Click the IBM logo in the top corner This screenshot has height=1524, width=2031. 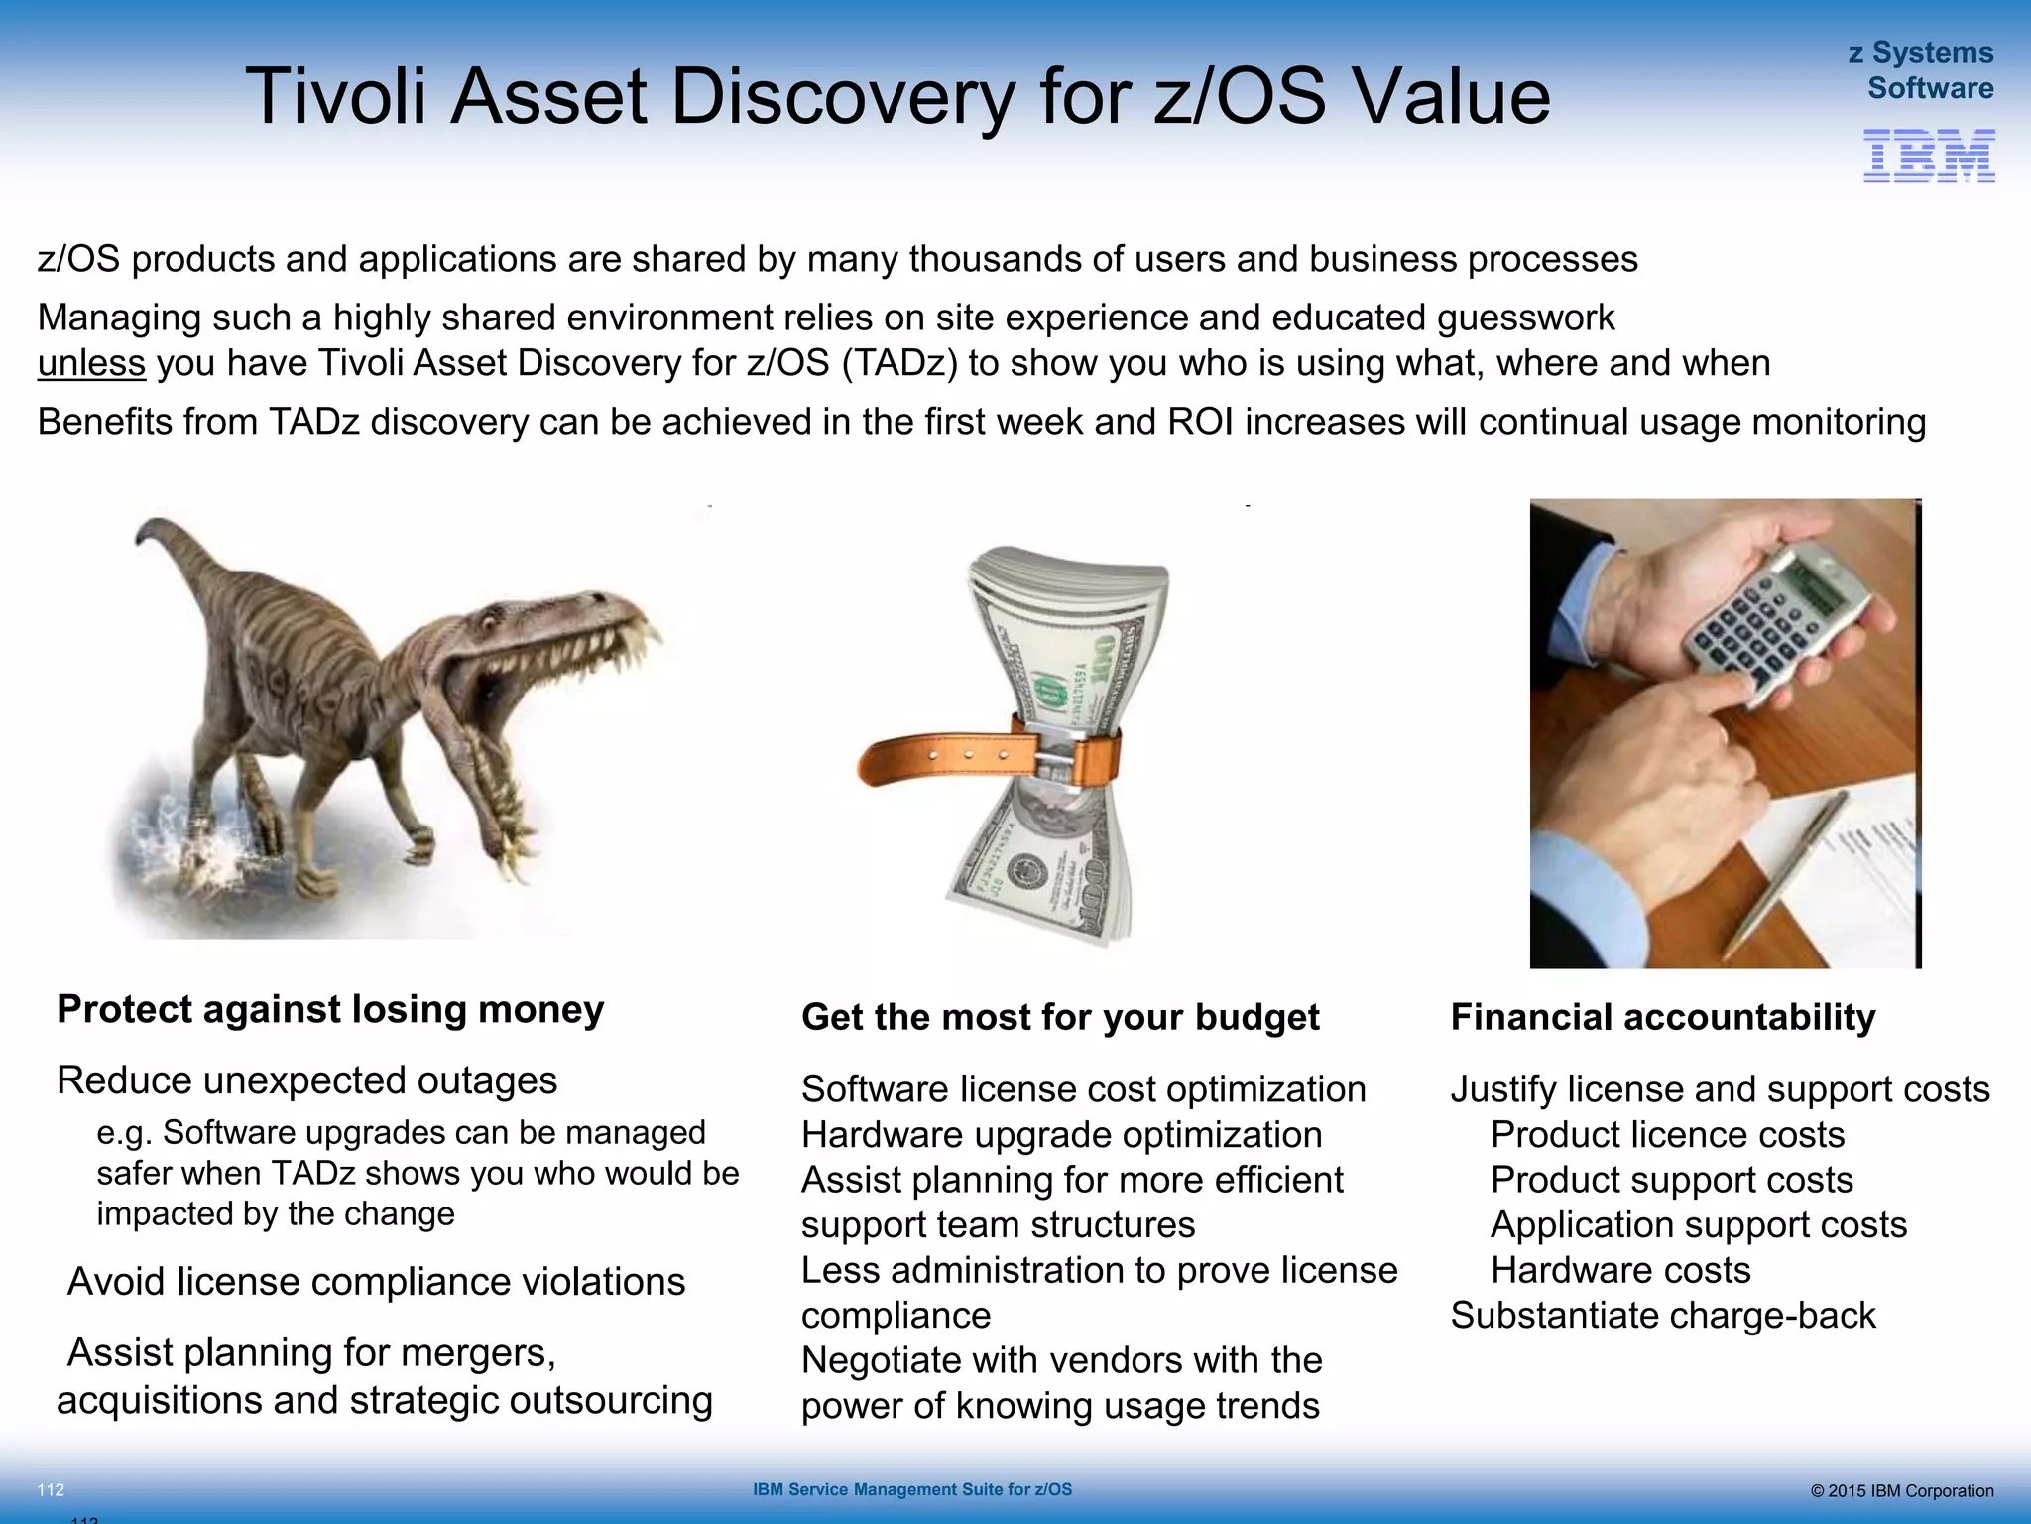coord(1929,156)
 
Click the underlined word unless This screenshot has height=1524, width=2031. coord(91,363)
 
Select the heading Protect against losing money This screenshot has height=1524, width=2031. coord(330,1009)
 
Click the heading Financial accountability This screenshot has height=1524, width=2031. coord(1663,1017)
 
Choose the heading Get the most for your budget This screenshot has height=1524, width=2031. coord(1060,1017)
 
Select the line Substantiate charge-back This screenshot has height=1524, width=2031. coord(1663,1316)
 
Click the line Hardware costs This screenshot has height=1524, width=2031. coord(1620,1270)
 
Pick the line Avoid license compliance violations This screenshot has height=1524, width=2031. coord(376,1282)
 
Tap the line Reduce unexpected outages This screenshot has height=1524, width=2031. coord(306,1080)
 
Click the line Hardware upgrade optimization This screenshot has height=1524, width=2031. coord(1061,1135)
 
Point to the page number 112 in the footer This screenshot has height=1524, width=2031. coord(51,1490)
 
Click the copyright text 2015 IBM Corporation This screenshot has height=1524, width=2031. coord(1901,1491)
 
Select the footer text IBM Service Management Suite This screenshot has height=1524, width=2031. coord(911,1489)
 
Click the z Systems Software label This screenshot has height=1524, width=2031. coord(1922,70)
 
